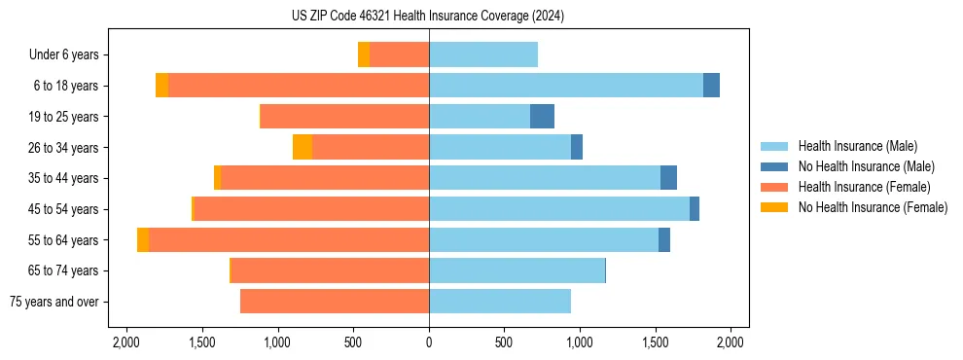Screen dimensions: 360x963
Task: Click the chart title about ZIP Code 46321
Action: tap(428, 17)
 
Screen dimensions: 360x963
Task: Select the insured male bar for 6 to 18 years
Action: tap(565, 86)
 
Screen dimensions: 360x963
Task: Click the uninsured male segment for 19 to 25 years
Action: tap(542, 117)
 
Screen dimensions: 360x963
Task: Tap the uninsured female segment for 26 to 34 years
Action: tap(303, 147)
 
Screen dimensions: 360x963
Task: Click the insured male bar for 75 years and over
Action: tap(500, 302)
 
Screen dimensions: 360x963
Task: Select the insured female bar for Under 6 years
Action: tap(399, 54)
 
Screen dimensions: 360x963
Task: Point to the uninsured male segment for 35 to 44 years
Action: tap(668, 178)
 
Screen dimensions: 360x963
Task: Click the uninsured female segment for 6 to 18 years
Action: tap(161, 86)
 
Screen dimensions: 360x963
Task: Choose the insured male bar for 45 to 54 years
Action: tap(559, 209)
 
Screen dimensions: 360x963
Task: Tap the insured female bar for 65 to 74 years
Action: tap(331, 270)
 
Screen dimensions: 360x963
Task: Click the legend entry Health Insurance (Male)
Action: tap(857, 146)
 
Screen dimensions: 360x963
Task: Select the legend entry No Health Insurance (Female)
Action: tap(873, 207)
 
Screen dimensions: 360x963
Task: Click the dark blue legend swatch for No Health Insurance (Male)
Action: tap(775, 166)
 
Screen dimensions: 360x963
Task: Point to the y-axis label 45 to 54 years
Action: tap(64, 209)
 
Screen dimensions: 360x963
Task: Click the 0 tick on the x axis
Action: tap(429, 342)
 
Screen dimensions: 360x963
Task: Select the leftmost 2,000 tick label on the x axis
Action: tap(126, 342)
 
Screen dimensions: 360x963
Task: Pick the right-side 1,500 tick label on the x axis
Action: tap(656, 342)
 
